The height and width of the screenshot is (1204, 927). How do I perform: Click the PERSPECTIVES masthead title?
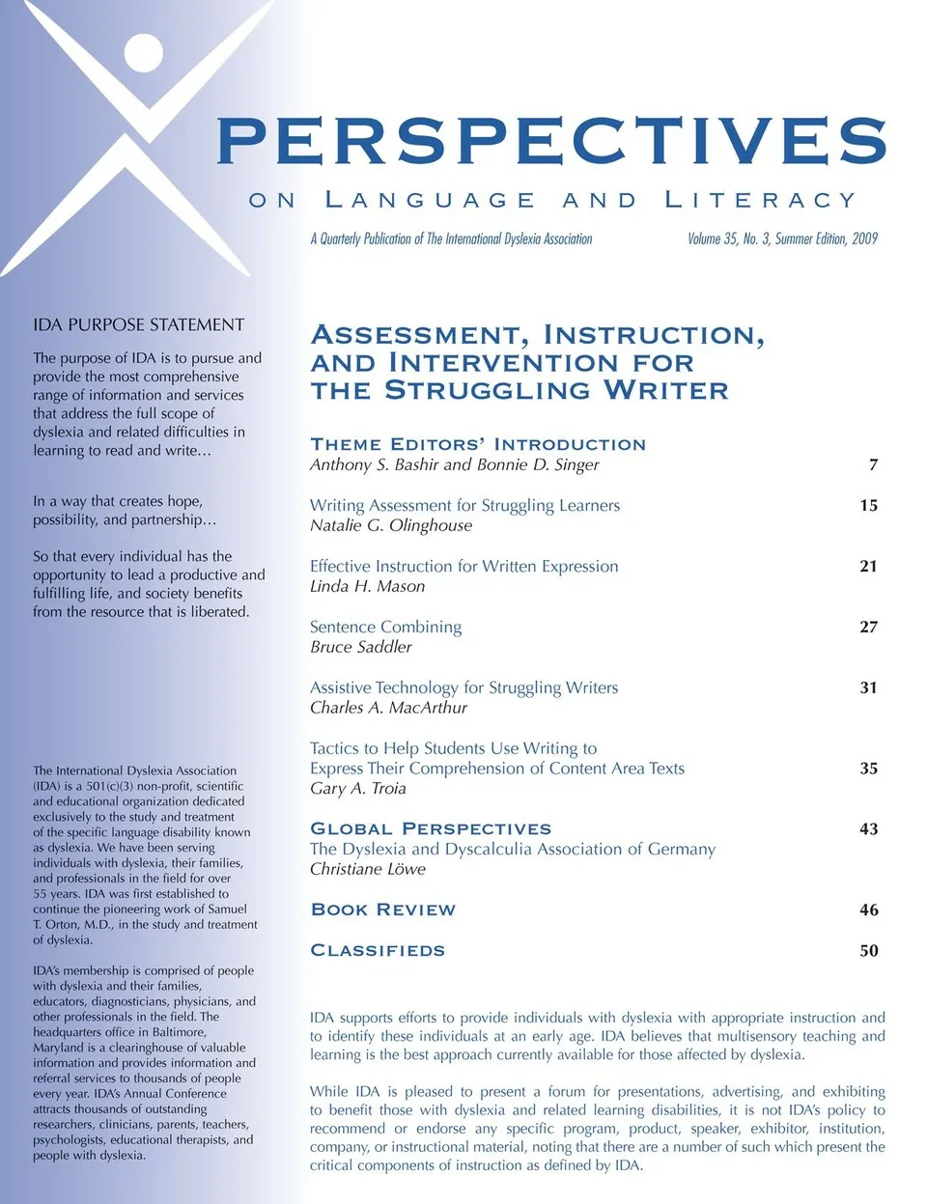point(551,141)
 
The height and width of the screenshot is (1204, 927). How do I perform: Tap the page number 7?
point(873,464)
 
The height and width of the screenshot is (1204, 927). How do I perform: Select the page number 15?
point(868,505)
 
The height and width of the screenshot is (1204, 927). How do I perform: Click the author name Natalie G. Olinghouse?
point(391,525)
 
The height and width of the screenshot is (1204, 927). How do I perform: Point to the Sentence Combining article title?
point(385,627)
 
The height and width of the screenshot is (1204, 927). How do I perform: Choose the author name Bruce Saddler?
point(360,647)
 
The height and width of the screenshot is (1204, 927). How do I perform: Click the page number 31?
point(868,687)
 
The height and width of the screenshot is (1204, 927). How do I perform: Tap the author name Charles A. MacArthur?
point(388,708)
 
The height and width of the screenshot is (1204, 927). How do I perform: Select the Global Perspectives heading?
point(431,828)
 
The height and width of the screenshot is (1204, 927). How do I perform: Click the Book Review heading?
point(382,910)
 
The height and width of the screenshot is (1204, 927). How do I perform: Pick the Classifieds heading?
point(378,950)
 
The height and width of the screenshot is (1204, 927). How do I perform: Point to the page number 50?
point(868,950)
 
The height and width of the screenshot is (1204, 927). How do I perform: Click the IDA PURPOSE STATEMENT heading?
point(138,324)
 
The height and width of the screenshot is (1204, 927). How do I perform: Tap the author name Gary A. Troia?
point(357,788)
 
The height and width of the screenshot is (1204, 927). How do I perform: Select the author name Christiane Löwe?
point(367,869)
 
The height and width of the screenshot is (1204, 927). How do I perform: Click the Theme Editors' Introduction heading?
point(478,444)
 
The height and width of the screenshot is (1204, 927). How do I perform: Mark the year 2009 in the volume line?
point(864,238)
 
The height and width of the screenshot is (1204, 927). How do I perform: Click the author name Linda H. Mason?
point(367,586)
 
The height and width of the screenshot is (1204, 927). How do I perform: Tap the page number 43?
point(868,828)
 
